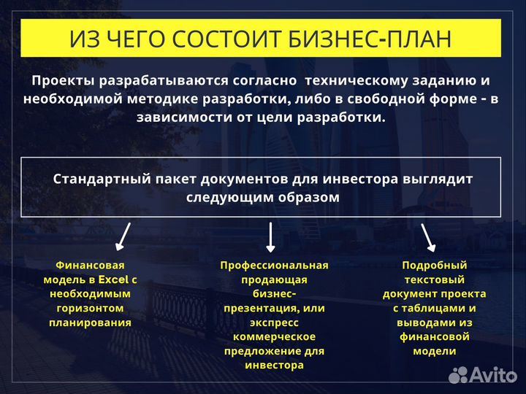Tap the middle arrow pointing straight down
[x=270, y=238]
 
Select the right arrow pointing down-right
[x=427, y=236]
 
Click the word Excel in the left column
[x=113, y=279]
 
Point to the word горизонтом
[x=90, y=308]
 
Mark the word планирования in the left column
[x=90, y=322]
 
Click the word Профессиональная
[x=274, y=265]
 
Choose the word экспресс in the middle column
[x=274, y=322]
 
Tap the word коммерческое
[x=274, y=336]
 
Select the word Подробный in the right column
[x=434, y=265]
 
